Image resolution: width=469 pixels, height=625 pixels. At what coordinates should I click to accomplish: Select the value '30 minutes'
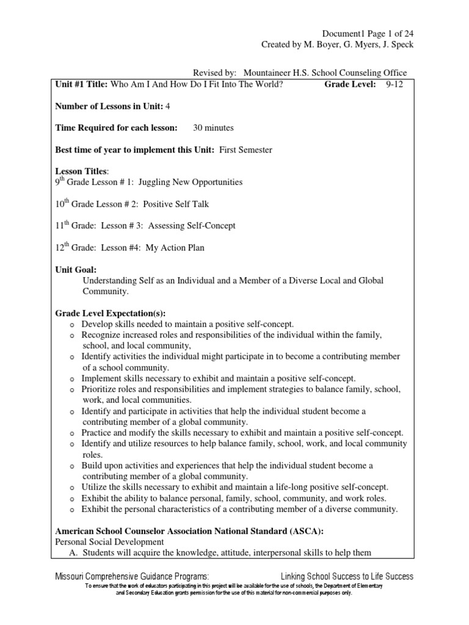coord(213,128)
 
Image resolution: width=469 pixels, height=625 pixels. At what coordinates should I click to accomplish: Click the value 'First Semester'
coord(247,150)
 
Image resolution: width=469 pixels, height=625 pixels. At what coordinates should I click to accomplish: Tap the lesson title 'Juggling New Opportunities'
coord(191,182)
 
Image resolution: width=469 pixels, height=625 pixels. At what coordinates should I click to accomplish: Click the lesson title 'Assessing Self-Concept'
coord(191,225)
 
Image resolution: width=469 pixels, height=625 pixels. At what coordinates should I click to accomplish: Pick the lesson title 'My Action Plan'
coord(175,247)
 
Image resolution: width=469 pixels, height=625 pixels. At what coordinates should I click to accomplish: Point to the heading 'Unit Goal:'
coord(76,269)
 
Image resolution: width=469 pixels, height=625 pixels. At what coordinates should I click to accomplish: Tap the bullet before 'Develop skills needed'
coord(72,324)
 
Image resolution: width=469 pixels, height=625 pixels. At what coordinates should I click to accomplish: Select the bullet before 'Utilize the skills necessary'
coord(72,488)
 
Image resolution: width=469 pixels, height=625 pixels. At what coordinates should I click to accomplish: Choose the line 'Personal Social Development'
coord(109,542)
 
